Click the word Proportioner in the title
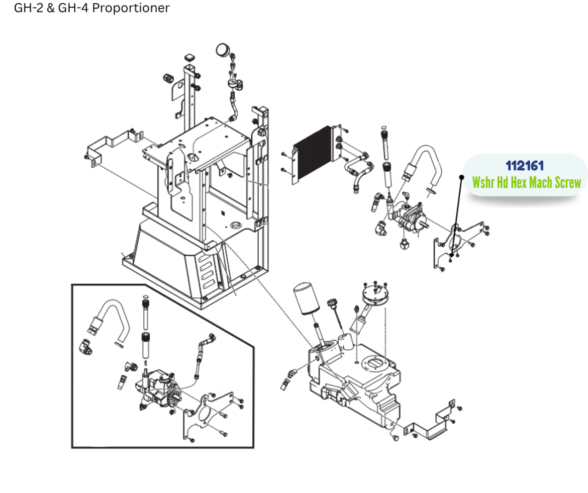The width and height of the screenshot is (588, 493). pyautogui.click(x=131, y=8)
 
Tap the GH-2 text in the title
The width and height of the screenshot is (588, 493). pyautogui.click(x=29, y=8)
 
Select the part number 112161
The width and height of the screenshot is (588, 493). pyautogui.click(x=525, y=166)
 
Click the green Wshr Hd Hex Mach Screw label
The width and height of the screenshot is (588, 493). pyautogui.click(x=526, y=182)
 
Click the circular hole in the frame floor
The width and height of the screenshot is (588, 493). pyautogui.click(x=236, y=226)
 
